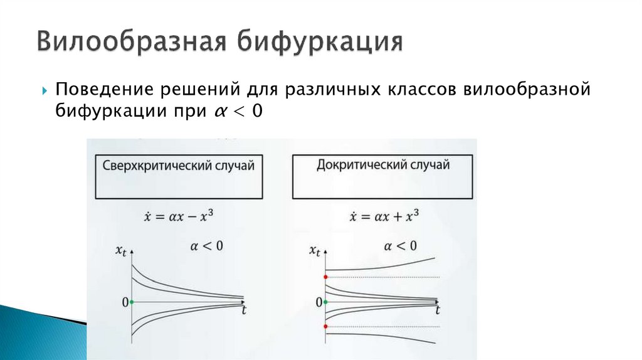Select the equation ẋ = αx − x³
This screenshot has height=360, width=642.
click(178, 218)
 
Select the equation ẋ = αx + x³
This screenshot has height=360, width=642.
click(384, 218)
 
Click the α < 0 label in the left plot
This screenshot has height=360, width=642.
click(206, 246)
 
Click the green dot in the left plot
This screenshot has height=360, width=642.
click(132, 302)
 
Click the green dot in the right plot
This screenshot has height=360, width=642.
click(326, 302)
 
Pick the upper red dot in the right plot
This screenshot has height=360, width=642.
click(326, 277)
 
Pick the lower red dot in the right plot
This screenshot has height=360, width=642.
click(326, 327)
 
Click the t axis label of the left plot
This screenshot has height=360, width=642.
click(243, 309)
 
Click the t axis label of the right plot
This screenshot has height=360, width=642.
click(437, 310)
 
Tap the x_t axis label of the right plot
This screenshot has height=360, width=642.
click(315, 251)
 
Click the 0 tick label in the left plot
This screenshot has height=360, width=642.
click(125, 302)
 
